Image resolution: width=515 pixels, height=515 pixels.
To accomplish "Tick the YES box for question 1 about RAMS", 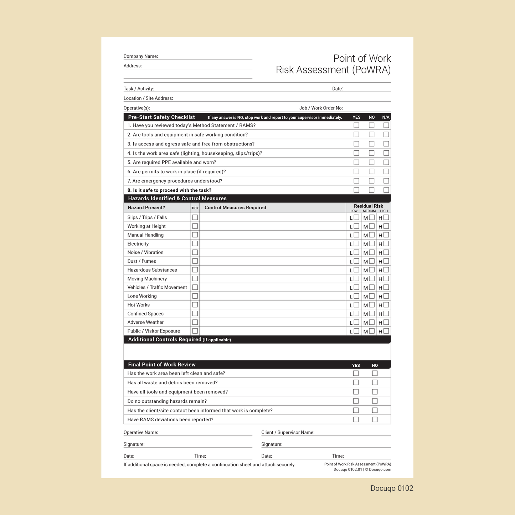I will (356, 125).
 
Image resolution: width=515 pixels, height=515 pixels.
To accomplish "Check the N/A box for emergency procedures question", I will (386, 181).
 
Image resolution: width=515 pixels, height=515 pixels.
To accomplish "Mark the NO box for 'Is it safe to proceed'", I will (371, 190).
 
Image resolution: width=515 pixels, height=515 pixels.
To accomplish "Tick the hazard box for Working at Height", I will (195, 226).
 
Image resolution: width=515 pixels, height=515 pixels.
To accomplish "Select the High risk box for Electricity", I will (386, 244).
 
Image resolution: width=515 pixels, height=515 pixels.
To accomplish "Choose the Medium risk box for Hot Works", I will (372, 305).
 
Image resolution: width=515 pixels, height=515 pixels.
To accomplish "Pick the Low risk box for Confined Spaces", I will (356, 314).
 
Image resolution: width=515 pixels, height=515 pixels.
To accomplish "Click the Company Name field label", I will (140, 56).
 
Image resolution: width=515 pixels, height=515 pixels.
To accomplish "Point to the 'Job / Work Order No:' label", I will (321, 108).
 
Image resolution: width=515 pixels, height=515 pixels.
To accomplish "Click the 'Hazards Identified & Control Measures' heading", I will (177, 199).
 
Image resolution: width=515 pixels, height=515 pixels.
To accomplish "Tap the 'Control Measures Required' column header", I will (235, 208).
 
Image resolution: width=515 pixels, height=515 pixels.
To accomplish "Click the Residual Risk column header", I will (368, 206).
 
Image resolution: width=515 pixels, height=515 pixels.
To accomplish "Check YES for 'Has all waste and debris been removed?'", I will (356, 383).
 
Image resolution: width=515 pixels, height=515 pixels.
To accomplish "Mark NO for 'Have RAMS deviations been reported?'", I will (375, 420).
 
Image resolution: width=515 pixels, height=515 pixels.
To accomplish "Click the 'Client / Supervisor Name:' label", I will (288, 433).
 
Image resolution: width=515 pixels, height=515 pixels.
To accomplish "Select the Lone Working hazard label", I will (142, 296).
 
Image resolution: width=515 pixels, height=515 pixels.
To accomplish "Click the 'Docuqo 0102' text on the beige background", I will (392, 488).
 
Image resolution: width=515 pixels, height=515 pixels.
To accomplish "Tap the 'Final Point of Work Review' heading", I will (162, 365).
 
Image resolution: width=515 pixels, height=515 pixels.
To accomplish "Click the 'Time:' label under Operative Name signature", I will (200, 456).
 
